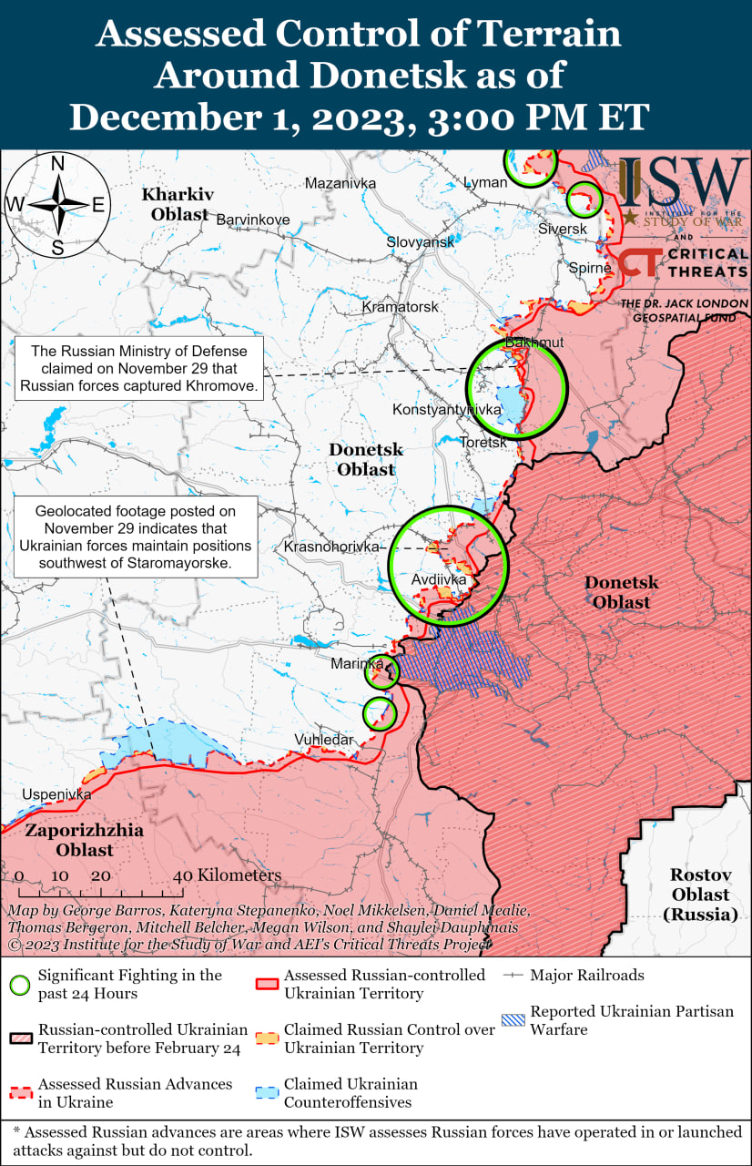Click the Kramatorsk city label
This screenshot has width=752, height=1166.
click(401, 307)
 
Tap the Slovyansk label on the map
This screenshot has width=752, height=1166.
click(420, 242)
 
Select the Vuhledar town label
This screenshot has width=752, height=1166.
click(323, 740)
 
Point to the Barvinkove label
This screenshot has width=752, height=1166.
click(252, 220)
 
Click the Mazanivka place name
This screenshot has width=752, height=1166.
click(340, 183)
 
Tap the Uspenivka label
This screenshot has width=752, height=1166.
click(57, 794)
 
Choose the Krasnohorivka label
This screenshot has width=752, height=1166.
click(331, 547)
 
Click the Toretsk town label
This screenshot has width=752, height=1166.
click(483, 442)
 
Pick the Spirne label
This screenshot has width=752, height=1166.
click(589, 268)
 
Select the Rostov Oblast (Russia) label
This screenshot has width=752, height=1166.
click(701, 894)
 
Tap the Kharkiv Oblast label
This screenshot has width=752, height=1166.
click(178, 204)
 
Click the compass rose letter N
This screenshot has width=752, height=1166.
click(56, 164)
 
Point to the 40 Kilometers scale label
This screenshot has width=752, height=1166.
click(228, 875)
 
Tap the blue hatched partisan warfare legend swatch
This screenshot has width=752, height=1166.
click(513, 1020)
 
